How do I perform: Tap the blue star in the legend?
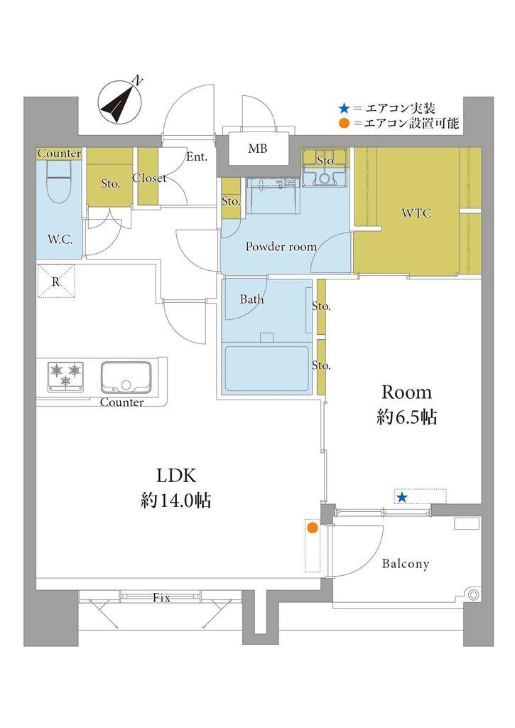tap(344, 109)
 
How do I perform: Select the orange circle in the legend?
tap(344, 124)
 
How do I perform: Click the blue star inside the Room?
tap(402, 498)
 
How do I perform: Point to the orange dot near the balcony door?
tap(313, 528)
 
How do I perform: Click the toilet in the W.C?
tap(59, 183)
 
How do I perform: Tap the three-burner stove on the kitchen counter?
tap(65, 376)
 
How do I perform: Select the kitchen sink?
tap(126, 377)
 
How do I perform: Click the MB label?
tap(257, 149)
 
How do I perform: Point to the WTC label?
tap(416, 213)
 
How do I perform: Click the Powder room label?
tap(281, 247)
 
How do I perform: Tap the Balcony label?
tap(405, 564)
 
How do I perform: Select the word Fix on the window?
tap(161, 598)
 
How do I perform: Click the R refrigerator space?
tap(55, 281)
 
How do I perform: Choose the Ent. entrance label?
tap(197, 157)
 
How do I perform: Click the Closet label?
tap(149, 178)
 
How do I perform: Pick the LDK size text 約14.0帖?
tap(176, 500)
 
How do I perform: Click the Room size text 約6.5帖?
tap(406, 417)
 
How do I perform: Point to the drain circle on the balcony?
tap(473, 595)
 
